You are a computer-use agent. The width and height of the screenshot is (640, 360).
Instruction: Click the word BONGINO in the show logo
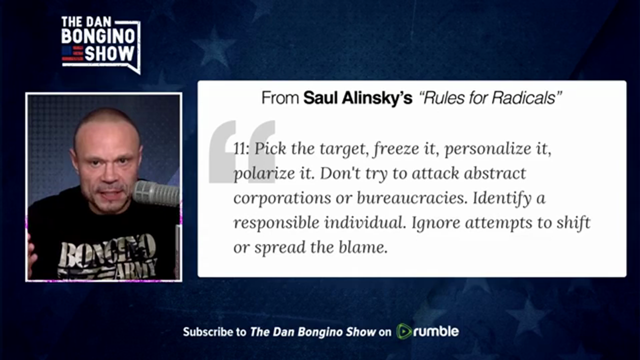point(98,36)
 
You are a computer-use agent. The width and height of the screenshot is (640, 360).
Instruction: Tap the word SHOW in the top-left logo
point(109,53)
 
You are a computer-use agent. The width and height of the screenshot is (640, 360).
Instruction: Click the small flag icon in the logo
point(72,53)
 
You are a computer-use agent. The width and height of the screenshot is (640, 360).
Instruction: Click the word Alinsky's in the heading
point(377,98)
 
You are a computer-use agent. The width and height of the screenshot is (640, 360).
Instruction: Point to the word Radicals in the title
point(526,97)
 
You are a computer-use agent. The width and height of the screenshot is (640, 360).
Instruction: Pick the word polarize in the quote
point(264,173)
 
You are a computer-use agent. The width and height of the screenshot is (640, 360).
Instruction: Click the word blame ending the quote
point(363,247)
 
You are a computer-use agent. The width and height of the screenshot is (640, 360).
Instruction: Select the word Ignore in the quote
point(436,223)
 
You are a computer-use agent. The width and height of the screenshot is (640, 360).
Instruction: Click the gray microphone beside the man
point(156,193)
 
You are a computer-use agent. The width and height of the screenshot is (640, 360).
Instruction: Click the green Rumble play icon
point(403,331)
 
